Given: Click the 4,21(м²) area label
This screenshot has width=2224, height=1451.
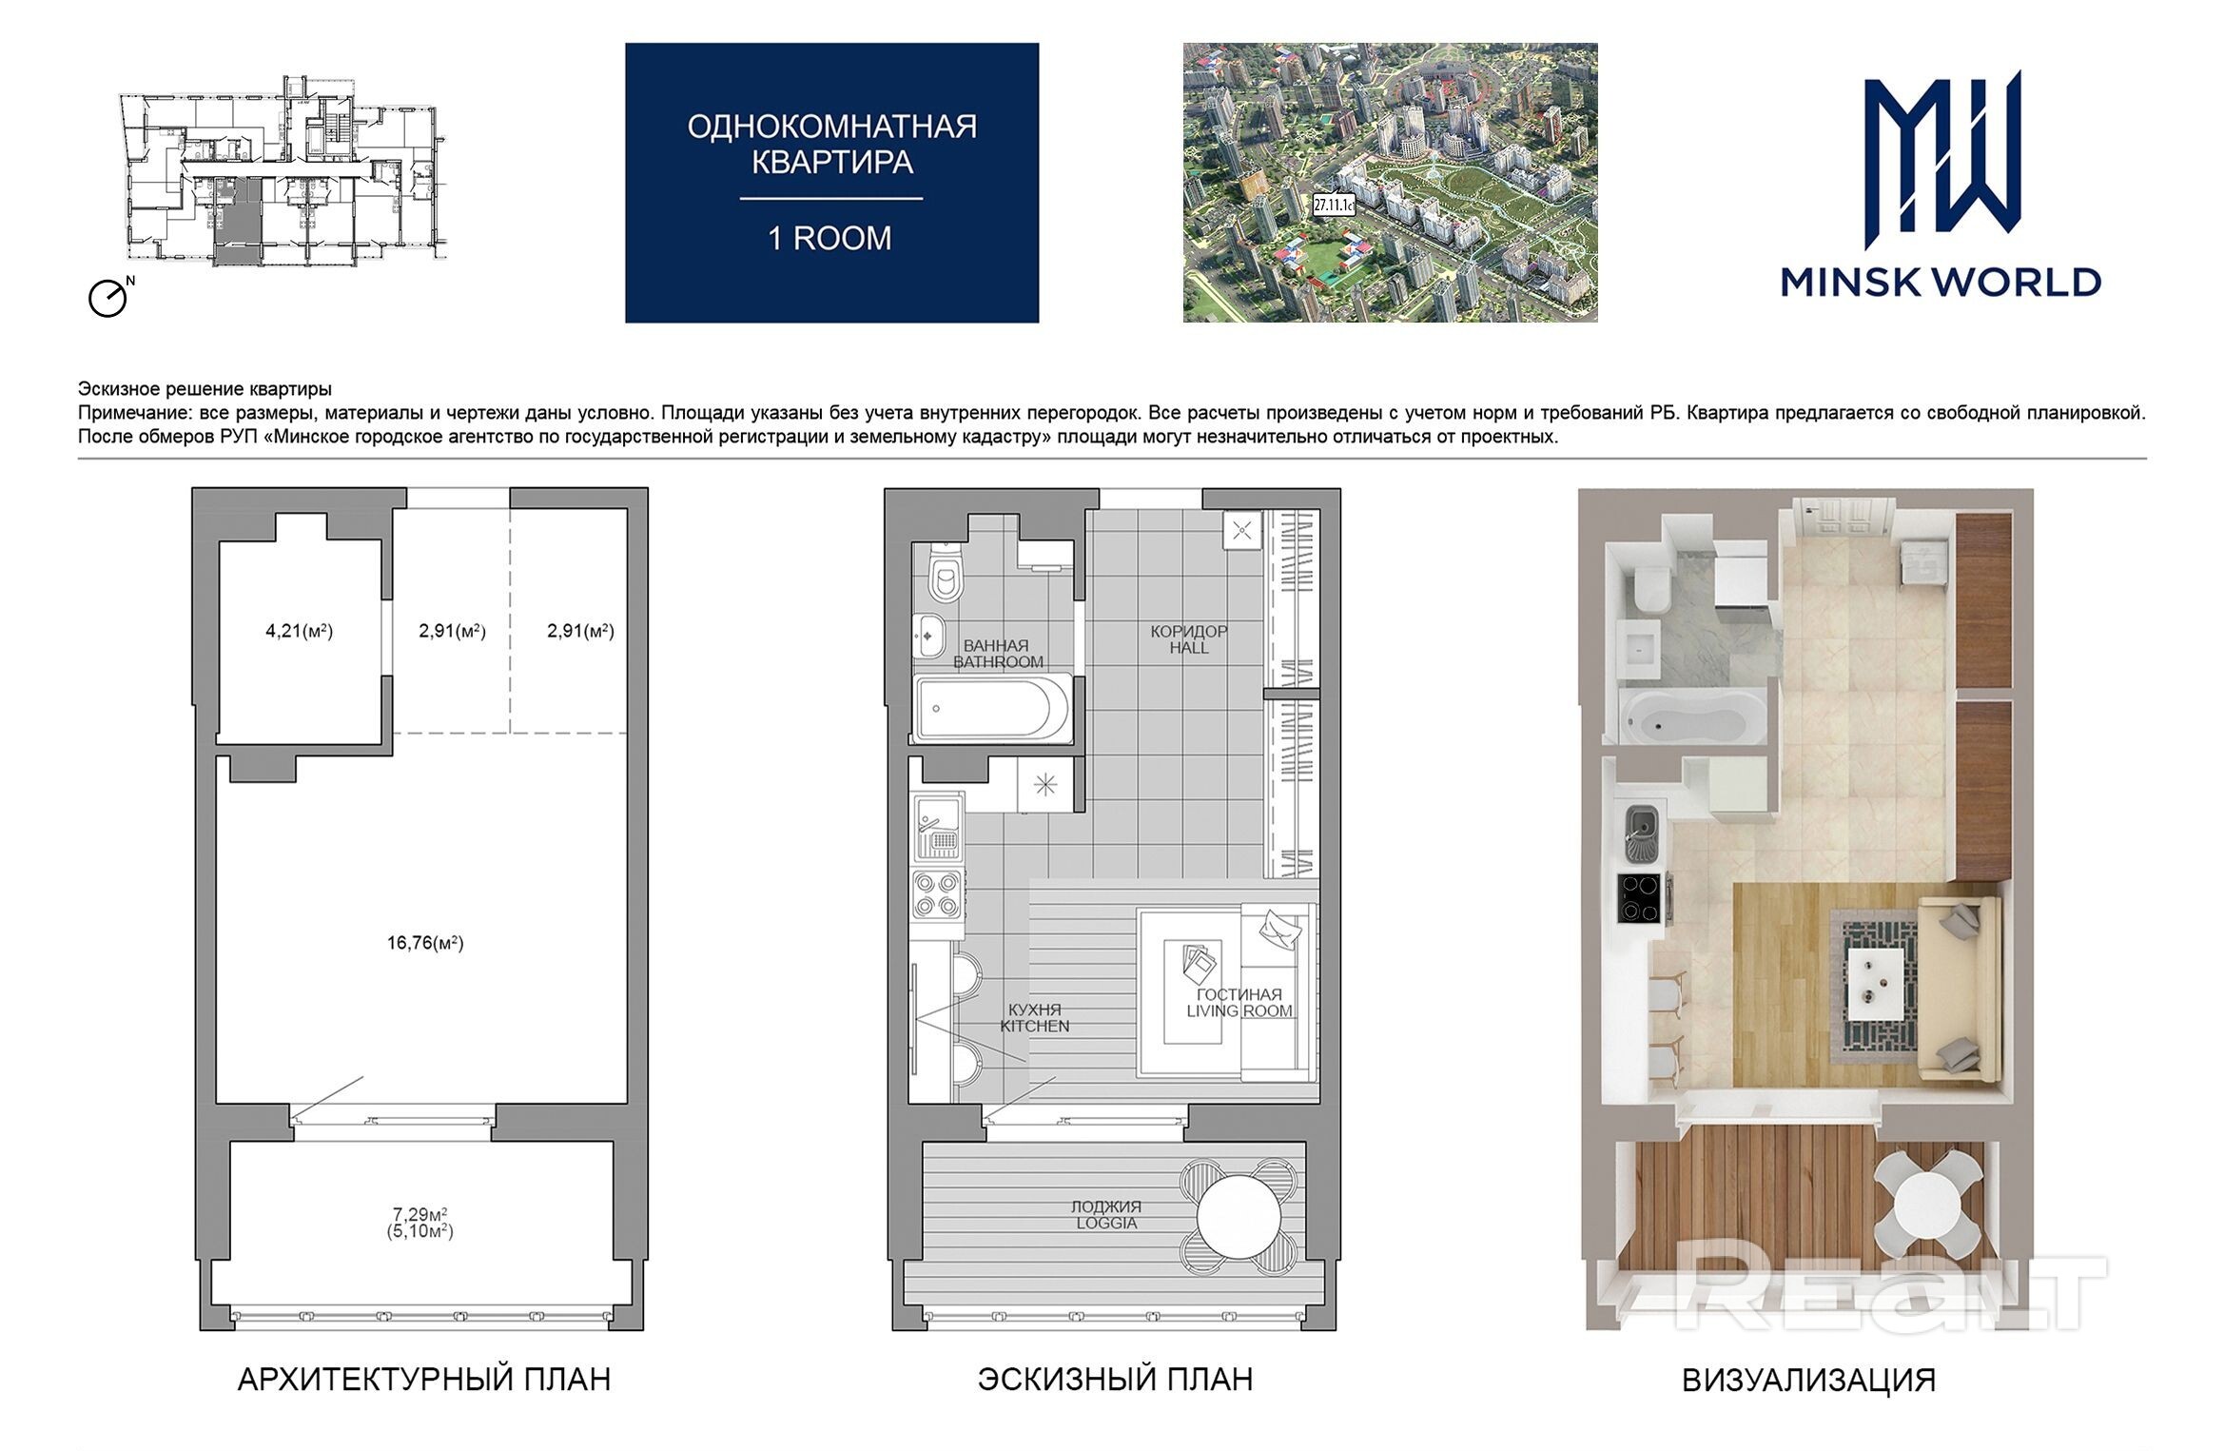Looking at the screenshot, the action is pyautogui.click(x=299, y=631).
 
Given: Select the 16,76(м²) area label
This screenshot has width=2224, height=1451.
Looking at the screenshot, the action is pyautogui.click(x=425, y=943).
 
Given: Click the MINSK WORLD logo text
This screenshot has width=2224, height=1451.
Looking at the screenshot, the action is pyautogui.click(x=1941, y=282).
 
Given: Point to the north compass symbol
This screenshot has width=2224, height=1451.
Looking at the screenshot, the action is pyautogui.click(x=110, y=296).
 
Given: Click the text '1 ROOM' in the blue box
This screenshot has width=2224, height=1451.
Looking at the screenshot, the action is pyautogui.click(x=830, y=238).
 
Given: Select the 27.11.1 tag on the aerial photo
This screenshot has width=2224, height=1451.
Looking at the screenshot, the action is pyautogui.click(x=1334, y=204).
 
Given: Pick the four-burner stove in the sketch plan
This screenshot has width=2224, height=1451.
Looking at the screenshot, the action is pyautogui.click(x=936, y=894).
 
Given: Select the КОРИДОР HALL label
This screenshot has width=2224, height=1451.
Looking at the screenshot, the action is pyautogui.click(x=1189, y=639).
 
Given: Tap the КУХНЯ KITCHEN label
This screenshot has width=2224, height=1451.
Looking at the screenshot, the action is pyautogui.click(x=1035, y=1018).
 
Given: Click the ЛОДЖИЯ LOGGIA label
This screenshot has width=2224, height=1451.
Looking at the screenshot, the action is pyautogui.click(x=1106, y=1215).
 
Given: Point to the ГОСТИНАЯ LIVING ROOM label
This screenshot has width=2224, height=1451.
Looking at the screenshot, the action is pyautogui.click(x=1239, y=1003).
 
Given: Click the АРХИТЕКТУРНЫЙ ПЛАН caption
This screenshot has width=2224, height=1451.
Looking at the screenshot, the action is pyautogui.click(x=424, y=1380).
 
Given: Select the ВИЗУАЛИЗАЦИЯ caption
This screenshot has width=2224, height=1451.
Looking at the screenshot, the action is pyautogui.click(x=1808, y=1381).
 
